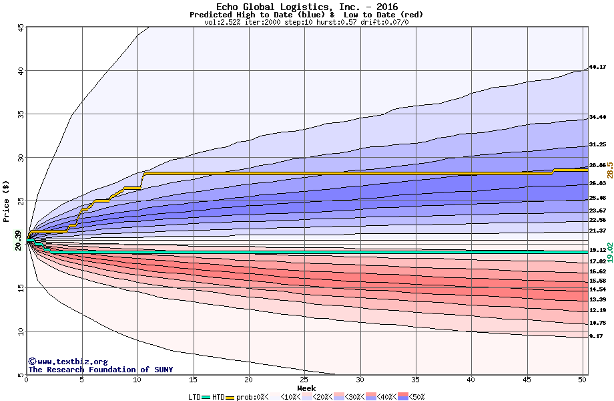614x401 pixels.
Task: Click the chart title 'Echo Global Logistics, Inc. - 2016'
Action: click(x=306, y=7)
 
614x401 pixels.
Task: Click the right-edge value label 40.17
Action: click(x=597, y=67)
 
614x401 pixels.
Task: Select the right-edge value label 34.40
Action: click(x=597, y=117)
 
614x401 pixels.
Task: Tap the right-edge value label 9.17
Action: click(x=596, y=336)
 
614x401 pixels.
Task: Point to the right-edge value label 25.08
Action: click(x=597, y=198)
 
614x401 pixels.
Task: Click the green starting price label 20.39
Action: click(x=18, y=240)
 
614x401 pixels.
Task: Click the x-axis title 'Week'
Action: click(x=306, y=388)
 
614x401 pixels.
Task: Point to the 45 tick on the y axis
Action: click(x=20, y=27)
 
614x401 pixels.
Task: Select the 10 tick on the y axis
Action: click(x=20, y=331)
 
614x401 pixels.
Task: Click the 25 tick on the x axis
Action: click(x=304, y=380)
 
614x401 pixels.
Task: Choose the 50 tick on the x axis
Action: click(x=582, y=380)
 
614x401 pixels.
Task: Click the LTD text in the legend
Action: click(x=195, y=396)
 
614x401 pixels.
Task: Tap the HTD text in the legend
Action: click(x=218, y=396)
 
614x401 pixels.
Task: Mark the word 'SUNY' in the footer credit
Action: click(x=162, y=369)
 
